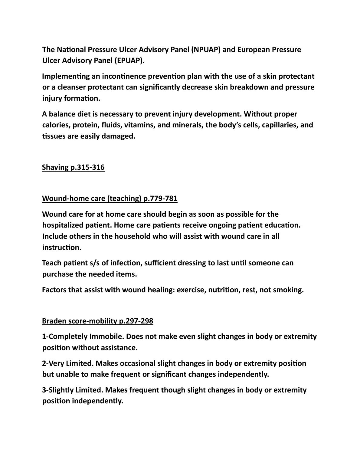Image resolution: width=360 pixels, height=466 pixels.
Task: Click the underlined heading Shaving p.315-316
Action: tap(73, 167)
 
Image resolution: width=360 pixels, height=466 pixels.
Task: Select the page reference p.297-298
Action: tap(136, 321)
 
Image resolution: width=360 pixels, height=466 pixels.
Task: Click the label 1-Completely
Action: tap(65, 337)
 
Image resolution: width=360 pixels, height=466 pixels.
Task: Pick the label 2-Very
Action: tap(53, 363)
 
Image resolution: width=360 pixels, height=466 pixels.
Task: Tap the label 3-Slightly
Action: tap(57, 390)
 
